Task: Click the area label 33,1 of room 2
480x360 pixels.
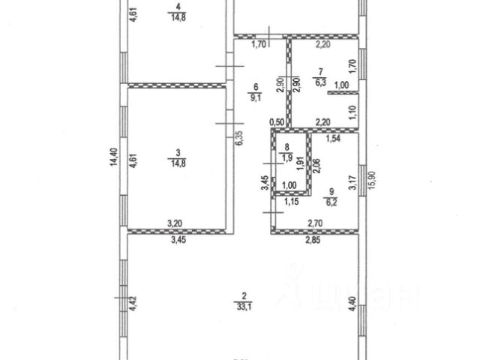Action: pos(241,305)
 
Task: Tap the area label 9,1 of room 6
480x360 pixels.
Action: pos(256,96)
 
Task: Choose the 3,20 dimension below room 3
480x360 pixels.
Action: pos(174,223)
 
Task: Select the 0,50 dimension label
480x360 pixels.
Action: pos(277,122)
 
